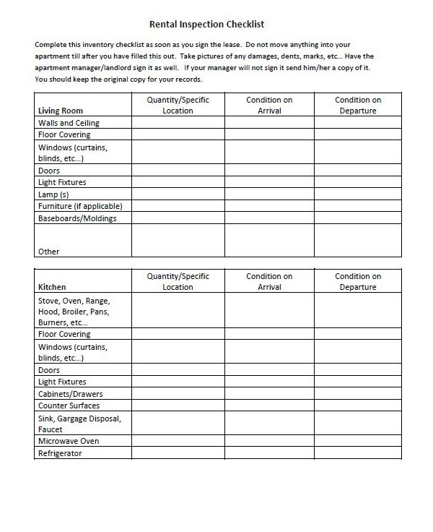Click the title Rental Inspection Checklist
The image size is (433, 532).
click(216, 24)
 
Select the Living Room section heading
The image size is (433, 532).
click(60, 111)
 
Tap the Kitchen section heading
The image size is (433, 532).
click(52, 287)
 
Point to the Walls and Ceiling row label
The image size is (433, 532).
click(69, 123)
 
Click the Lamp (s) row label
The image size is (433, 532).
click(53, 194)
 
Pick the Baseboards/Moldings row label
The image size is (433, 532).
click(77, 218)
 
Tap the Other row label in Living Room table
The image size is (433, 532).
click(49, 252)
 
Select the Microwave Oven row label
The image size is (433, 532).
click(69, 441)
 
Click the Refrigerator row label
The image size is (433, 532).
click(60, 453)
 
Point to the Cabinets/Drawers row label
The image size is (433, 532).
click(70, 394)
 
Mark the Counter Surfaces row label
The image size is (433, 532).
click(69, 406)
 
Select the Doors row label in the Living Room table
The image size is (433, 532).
click(49, 171)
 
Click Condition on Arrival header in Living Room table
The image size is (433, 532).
click(269, 105)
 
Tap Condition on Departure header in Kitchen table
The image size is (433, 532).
click(357, 281)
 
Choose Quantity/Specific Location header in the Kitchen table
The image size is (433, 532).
click(178, 281)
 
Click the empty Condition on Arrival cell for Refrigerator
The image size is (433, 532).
click(269, 453)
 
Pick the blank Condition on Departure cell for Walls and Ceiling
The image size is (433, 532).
click(357, 123)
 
